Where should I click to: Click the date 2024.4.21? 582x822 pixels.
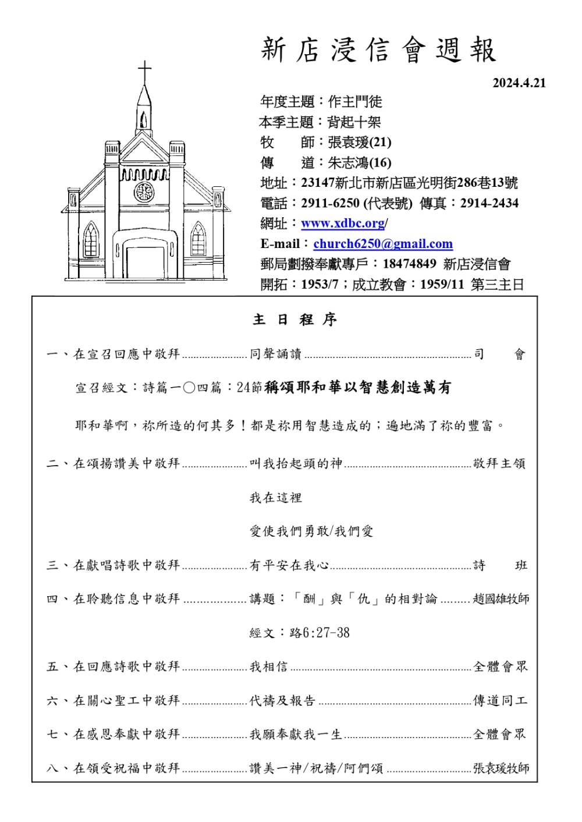click(519, 83)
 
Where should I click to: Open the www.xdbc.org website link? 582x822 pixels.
click(343, 224)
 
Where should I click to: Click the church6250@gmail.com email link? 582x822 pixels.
click(382, 244)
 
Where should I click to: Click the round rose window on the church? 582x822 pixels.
click(144, 192)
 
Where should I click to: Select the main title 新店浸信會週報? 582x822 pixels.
click(378, 50)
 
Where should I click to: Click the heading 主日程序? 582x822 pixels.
click(295, 320)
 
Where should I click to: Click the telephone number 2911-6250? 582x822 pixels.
click(330, 203)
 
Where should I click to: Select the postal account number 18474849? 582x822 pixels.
click(409, 264)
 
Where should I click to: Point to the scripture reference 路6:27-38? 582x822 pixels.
click(320, 633)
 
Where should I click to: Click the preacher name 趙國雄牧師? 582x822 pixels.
click(501, 599)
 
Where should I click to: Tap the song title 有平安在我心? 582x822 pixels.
click(289, 565)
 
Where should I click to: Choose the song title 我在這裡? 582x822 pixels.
click(276, 498)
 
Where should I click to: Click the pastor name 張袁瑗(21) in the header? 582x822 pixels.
click(360, 142)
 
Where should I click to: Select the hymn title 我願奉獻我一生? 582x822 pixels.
click(296, 735)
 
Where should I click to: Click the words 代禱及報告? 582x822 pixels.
click(282, 701)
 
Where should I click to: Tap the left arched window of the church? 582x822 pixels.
click(91, 239)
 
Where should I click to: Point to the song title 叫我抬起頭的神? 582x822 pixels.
click(296, 463)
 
